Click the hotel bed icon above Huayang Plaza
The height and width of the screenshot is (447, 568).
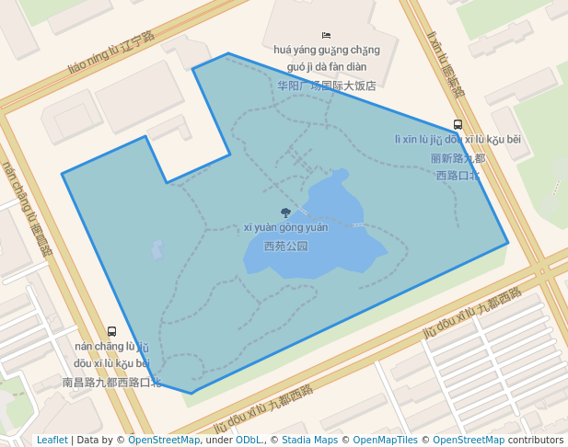pos(326,35)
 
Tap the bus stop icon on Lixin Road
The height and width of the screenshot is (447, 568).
pos(458,125)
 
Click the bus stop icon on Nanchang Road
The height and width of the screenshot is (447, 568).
pos(111,331)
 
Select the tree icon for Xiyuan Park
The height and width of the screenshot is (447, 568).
pos(285,213)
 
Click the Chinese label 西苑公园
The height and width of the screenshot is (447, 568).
pos(285,246)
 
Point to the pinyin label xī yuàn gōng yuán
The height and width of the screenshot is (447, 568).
pos(285,228)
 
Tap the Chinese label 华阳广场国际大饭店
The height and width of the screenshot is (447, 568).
pos(327,86)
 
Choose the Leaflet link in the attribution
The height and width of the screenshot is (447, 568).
pos(52,441)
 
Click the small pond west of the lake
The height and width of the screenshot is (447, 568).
pos(157,249)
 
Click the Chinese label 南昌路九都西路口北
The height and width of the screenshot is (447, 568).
pos(111,382)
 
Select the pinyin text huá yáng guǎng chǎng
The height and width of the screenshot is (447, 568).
pos(327,50)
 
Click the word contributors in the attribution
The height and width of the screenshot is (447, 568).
pos(536,441)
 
